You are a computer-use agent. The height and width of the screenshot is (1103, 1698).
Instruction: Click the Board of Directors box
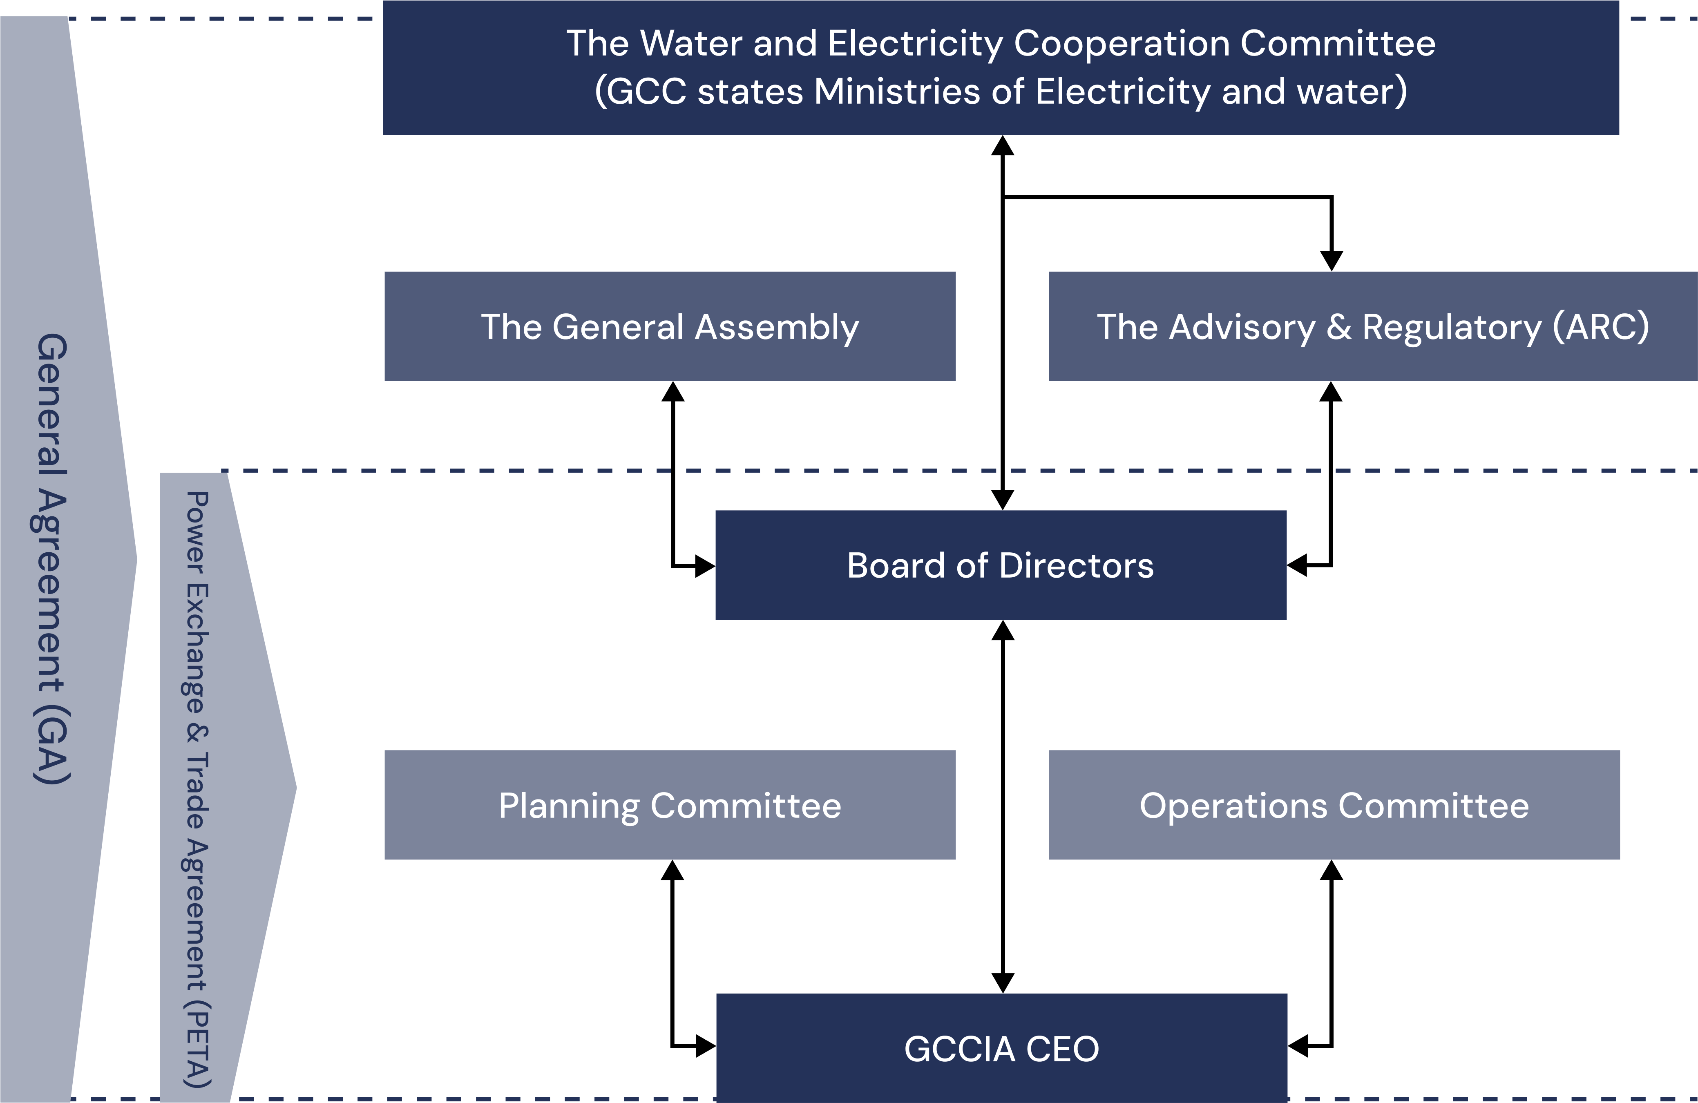[x=1000, y=565]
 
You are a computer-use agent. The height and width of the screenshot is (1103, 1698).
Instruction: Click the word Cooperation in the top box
[x=1121, y=44]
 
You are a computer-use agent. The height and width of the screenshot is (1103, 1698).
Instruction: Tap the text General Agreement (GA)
[x=52, y=558]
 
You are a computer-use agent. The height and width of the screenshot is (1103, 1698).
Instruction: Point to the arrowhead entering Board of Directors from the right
[x=1298, y=565]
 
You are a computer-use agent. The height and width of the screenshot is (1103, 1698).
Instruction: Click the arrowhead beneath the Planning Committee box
[x=672, y=871]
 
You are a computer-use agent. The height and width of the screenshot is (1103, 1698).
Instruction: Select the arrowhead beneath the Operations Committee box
[x=1331, y=871]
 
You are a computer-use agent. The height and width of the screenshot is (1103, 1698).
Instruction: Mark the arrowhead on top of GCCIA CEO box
[x=1002, y=982]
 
